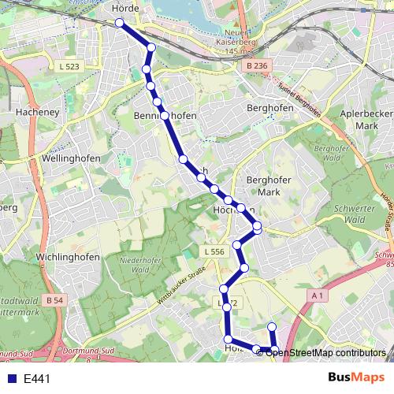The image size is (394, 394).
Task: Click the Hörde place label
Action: [x=126, y=8]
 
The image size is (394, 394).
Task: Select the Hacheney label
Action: [x=34, y=113]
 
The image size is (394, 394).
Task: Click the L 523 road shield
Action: [x=69, y=67]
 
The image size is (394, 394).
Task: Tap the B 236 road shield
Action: [x=257, y=65]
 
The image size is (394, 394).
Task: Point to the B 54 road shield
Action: [x=54, y=300]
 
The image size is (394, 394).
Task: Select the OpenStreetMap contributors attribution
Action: [x=325, y=352]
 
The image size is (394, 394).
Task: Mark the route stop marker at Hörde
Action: [x=120, y=23]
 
